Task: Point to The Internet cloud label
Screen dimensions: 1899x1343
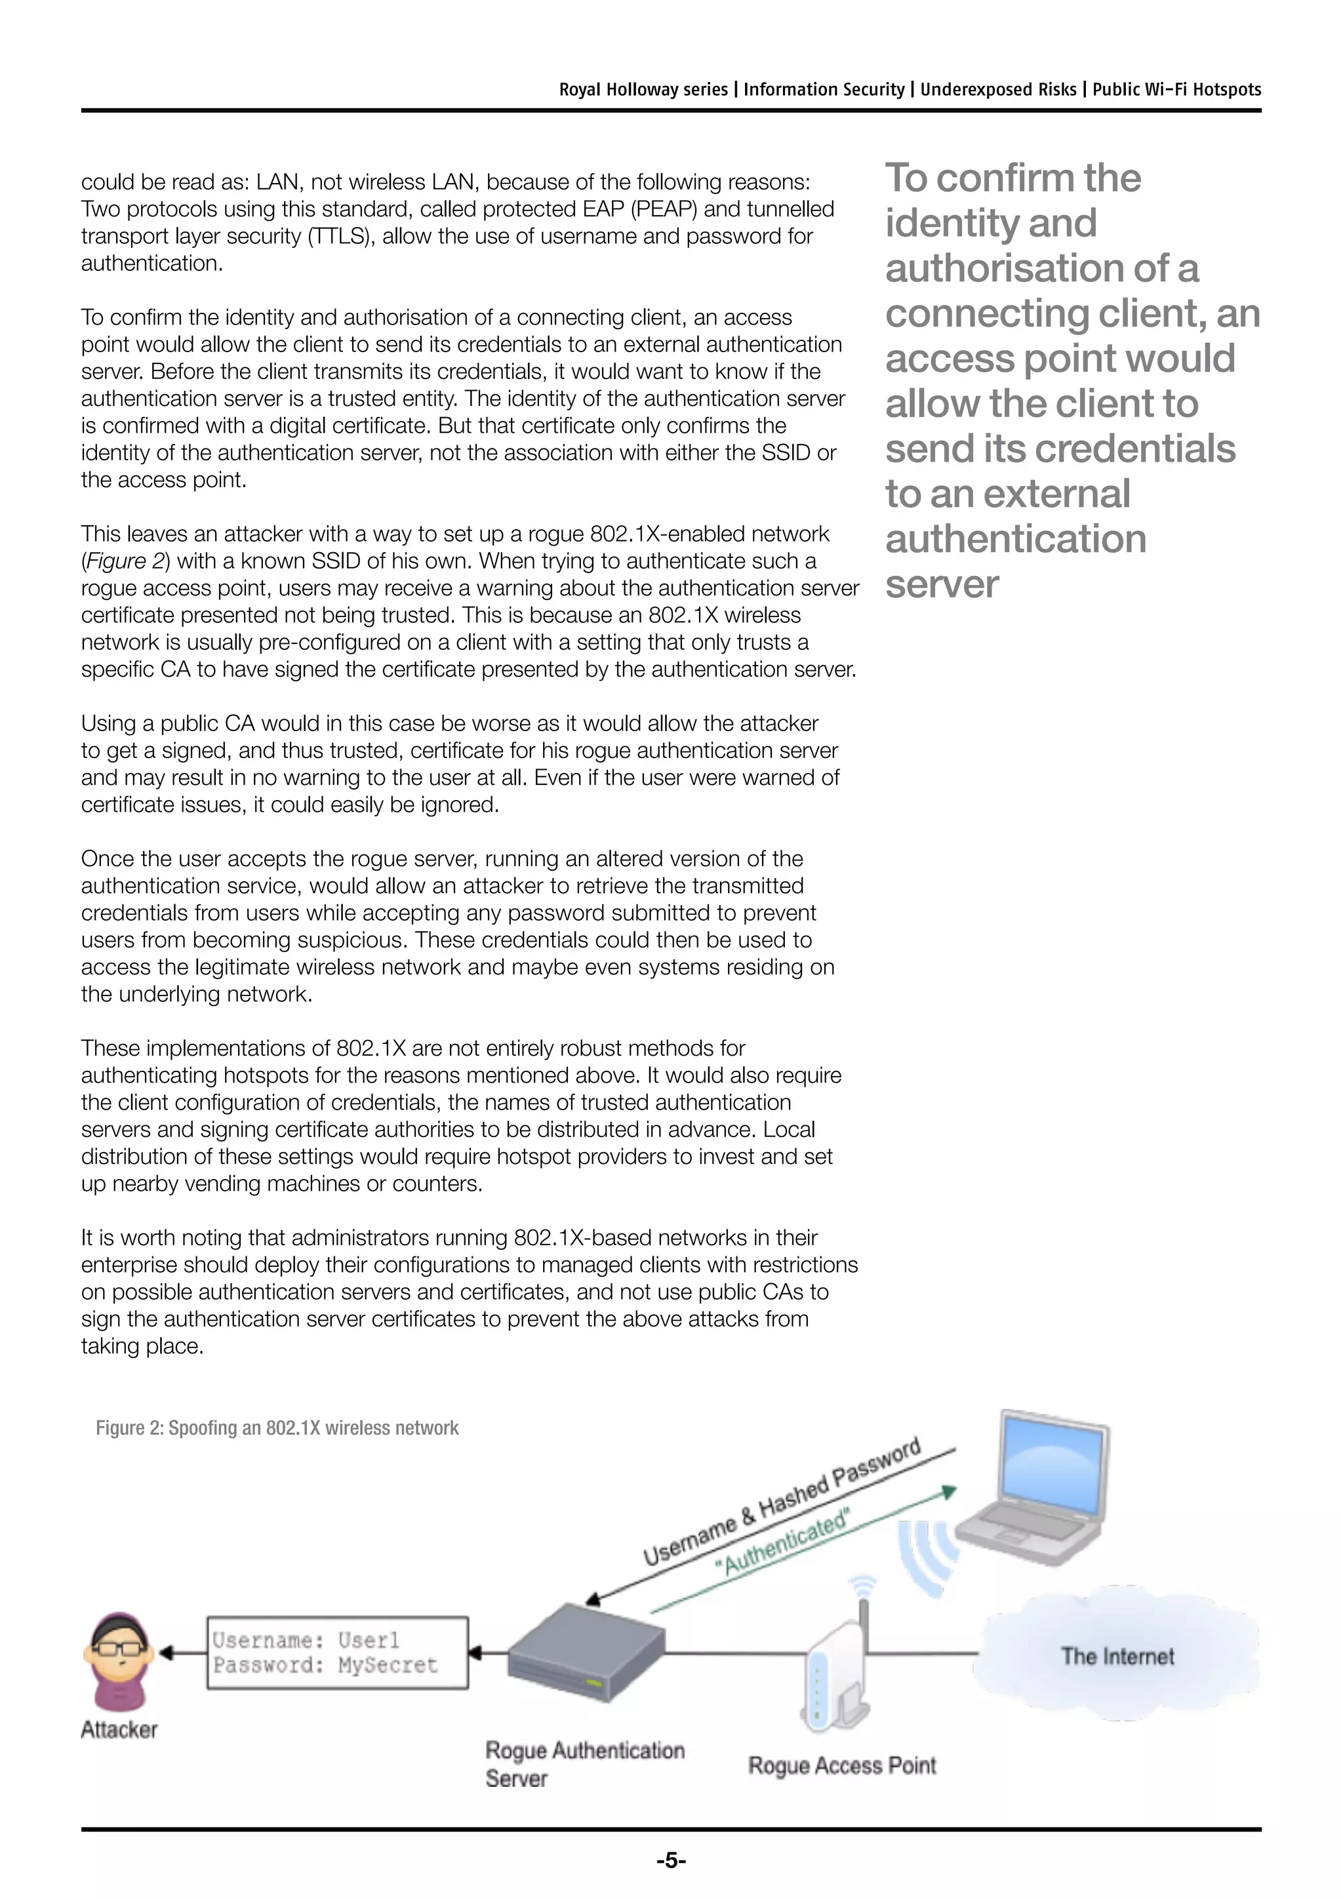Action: [1117, 1656]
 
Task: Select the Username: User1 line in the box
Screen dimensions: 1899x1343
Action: [306, 1639]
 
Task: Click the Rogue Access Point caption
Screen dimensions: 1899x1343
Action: [842, 1765]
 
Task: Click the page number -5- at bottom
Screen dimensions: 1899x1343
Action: [671, 1860]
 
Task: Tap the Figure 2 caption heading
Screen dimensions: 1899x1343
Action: [277, 1428]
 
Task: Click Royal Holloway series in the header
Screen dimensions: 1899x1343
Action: [643, 89]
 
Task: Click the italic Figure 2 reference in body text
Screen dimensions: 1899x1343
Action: [126, 561]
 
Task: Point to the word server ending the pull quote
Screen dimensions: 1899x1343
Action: [942, 584]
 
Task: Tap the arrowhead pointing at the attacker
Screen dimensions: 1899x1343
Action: [165, 1652]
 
